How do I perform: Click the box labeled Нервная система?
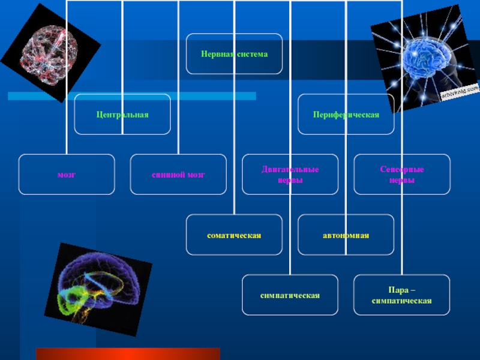pyautogui.click(x=234, y=54)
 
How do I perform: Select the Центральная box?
pyautogui.click(x=122, y=114)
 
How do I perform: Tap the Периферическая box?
pyautogui.click(x=346, y=114)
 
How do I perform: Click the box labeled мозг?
pyautogui.click(x=66, y=175)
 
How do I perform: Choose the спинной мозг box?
pyautogui.click(x=178, y=175)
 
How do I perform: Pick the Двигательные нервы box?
pyautogui.click(x=290, y=175)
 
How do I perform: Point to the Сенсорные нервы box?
pyautogui.click(x=401, y=175)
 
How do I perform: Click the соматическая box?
pyautogui.click(x=234, y=235)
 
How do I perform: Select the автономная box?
pyautogui.click(x=346, y=235)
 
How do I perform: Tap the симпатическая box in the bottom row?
pyautogui.click(x=290, y=295)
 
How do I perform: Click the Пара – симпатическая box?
pyautogui.click(x=401, y=295)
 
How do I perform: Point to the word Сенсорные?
pyautogui.click(x=402, y=170)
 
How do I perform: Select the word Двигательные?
pyautogui.click(x=290, y=170)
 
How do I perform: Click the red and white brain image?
pyautogui.click(x=50, y=53)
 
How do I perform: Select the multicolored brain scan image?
pyautogui.click(x=97, y=288)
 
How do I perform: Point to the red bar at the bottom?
pyautogui.click(x=128, y=354)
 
